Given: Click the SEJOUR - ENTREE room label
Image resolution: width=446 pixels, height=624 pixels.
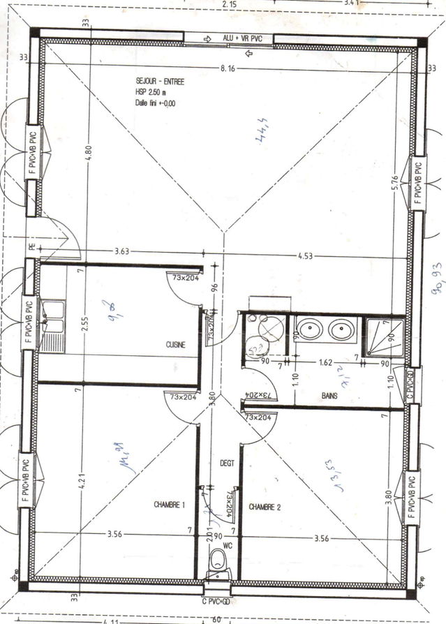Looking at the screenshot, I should (160, 82).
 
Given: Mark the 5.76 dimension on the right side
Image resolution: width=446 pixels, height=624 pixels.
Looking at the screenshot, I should (394, 182).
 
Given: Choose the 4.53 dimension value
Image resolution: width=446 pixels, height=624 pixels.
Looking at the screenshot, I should (304, 256).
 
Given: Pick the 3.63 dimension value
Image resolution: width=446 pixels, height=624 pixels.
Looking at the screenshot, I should (123, 251).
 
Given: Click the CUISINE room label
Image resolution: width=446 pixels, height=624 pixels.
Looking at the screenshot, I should (175, 345).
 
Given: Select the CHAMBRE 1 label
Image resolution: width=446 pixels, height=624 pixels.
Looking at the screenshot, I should (169, 504).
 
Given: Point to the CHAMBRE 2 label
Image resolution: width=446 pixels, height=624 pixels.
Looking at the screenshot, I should (265, 507).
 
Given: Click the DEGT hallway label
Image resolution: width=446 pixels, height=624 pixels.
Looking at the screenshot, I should (227, 463).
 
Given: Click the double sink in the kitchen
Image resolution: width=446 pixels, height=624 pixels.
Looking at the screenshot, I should (52, 325).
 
